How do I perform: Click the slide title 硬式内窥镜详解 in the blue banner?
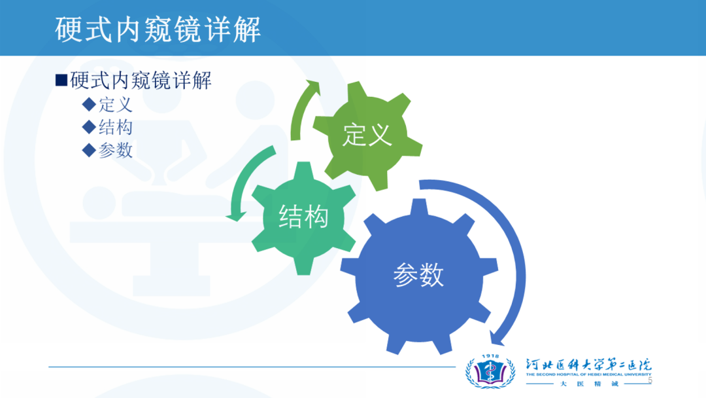pos(158,29)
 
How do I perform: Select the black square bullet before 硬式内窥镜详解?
pos(61,81)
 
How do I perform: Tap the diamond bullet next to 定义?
pos(89,105)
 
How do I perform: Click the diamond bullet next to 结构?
pos(89,127)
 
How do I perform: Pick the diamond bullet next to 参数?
pos(89,150)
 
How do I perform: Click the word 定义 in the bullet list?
pos(116,105)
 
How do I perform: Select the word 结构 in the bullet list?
pos(116,127)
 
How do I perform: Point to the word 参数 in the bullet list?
pos(116,150)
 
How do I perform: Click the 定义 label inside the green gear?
pos(367,135)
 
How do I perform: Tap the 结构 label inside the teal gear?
pos(303,217)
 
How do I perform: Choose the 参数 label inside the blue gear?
pos(419,274)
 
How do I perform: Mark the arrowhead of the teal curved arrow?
pos(236,216)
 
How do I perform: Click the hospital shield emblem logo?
pos(490,372)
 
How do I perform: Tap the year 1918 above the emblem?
pos(490,356)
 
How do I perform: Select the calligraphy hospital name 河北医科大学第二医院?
pos(588,364)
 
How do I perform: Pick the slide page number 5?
pos(650,381)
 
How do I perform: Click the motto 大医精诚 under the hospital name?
pos(589,384)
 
